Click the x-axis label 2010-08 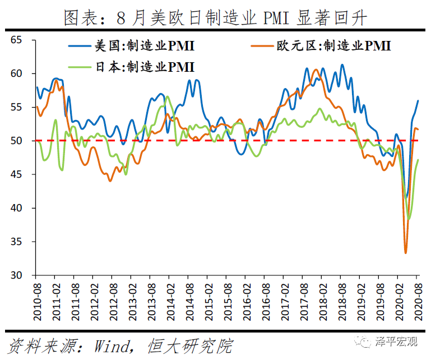36,301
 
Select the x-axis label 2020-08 418,301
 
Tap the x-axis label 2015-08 227,301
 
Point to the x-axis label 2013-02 132,301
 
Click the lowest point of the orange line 405,252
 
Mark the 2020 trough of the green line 409,219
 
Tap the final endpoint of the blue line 418,101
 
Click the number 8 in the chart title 122,19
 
